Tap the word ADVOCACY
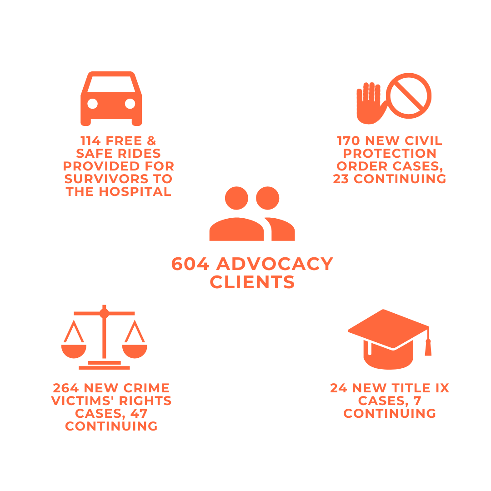[x=275, y=264]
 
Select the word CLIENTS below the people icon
[x=252, y=282]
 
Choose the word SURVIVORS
[x=105, y=179]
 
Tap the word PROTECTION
[x=390, y=154]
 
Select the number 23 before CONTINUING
[x=341, y=179]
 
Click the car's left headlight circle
[x=93, y=104]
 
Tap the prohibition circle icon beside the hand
[x=409, y=96]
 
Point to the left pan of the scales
[x=74, y=351]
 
